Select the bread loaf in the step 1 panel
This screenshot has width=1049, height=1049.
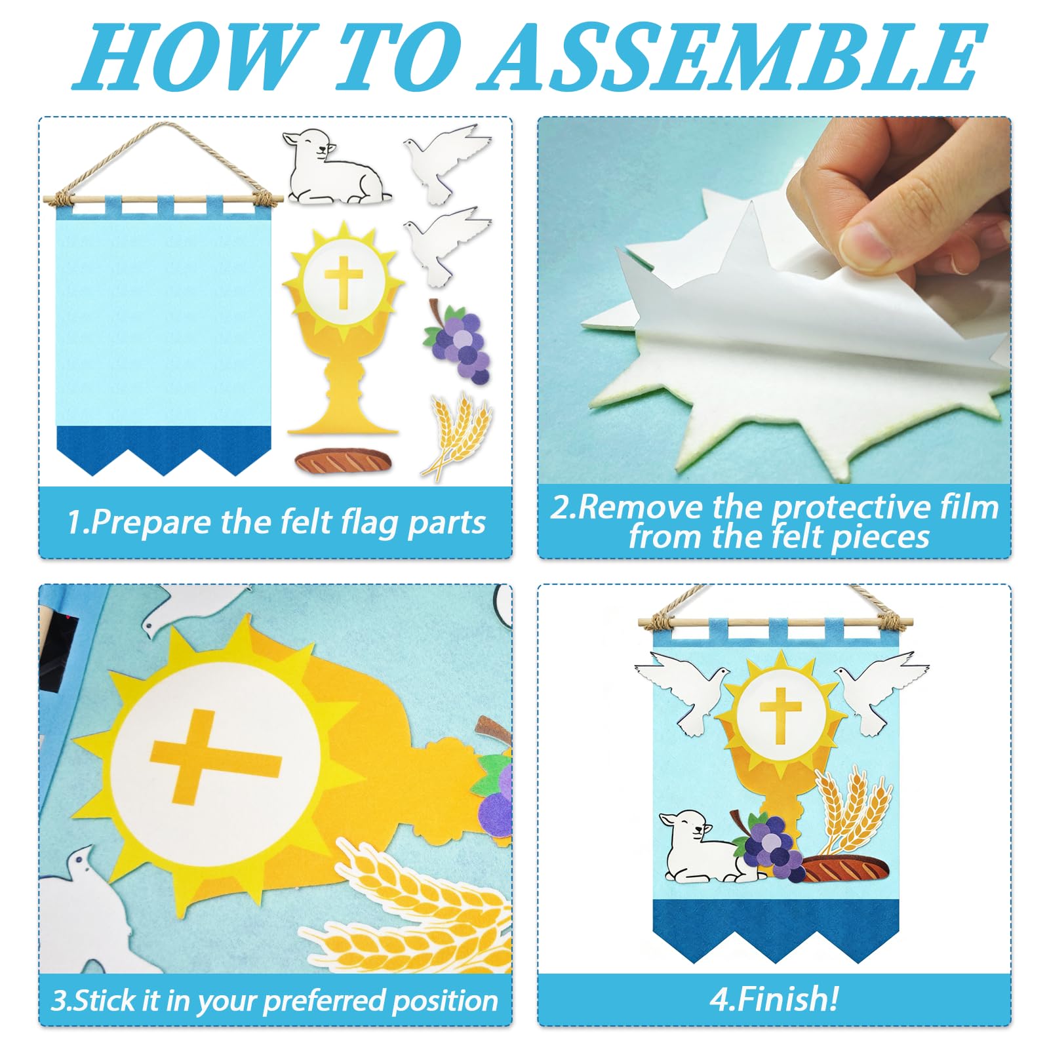pos(342,460)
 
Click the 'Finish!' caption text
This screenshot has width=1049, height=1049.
pos(774,1000)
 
